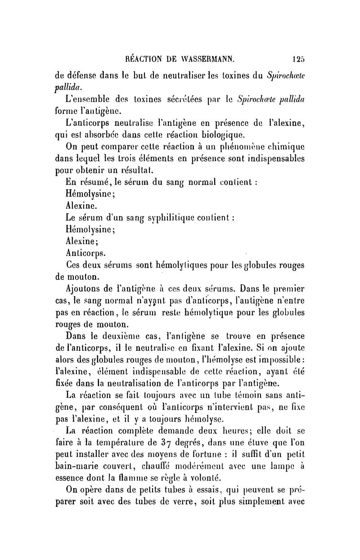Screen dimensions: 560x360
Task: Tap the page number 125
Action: click(x=298, y=58)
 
